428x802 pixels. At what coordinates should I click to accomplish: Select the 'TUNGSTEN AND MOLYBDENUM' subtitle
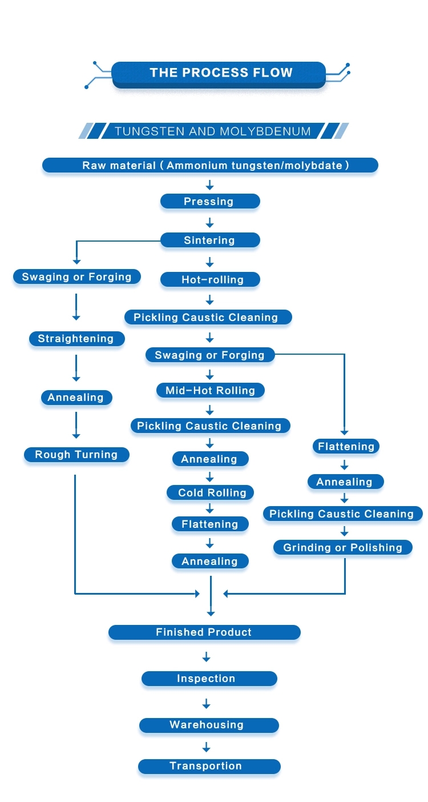(x=213, y=131)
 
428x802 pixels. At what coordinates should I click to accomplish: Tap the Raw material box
(x=210, y=166)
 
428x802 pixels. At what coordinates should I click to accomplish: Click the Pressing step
(x=210, y=201)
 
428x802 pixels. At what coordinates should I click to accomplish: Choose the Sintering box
(x=210, y=240)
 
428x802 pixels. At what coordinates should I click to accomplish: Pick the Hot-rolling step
(x=210, y=279)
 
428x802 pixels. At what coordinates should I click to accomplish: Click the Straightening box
(x=77, y=339)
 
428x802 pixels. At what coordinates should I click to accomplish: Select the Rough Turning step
(x=76, y=455)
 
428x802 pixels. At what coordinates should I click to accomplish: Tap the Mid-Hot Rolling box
(x=210, y=390)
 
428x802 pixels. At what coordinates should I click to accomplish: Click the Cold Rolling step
(x=210, y=492)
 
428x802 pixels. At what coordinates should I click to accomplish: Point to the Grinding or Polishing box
(x=343, y=547)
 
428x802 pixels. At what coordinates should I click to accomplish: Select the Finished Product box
(x=204, y=632)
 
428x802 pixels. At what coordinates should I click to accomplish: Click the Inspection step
(x=209, y=679)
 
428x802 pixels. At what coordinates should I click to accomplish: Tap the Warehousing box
(x=209, y=725)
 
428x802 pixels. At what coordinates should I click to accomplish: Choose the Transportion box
(x=209, y=766)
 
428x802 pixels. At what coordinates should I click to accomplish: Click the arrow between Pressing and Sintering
(x=210, y=223)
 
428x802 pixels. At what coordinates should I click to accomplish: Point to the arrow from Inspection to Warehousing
(x=207, y=703)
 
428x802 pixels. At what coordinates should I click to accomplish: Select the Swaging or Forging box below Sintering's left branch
(x=77, y=277)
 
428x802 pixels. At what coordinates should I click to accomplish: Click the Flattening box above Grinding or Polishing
(x=346, y=447)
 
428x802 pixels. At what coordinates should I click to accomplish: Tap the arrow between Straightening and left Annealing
(x=76, y=368)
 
